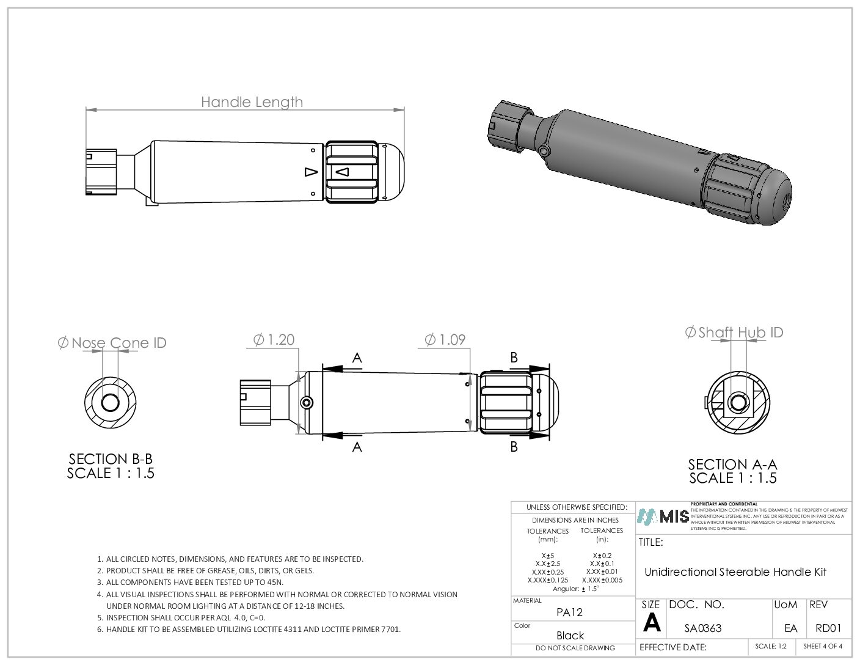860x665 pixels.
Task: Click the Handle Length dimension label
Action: point(252,102)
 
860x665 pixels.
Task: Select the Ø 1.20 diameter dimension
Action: point(274,340)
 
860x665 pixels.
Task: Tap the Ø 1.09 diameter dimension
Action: point(445,340)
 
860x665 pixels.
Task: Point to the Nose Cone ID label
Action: point(112,343)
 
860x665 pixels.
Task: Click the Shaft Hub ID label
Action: point(734,332)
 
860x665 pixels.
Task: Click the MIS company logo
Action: point(663,516)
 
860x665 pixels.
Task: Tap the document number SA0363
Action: point(702,628)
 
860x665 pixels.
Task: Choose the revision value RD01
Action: point(828,628)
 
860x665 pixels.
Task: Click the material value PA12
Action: point(569,612)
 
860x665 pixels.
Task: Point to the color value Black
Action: point(570,636)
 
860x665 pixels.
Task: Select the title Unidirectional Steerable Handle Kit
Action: point(735,572)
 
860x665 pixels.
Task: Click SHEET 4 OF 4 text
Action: point(823,646)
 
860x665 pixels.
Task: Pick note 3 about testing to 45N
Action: point(194,582)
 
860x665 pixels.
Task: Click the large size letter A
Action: point(652,623)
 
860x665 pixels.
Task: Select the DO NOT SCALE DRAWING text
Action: point(575,648)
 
